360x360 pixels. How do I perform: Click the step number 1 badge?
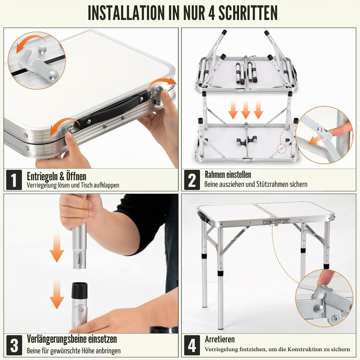pyautogui.click(x=14, y=180)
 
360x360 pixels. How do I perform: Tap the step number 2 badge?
pyautogui.click(x=192, y=180)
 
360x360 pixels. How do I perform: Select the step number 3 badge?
pyautogui.click(x=14, y=345)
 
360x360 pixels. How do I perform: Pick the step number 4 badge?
pyautogui.click(x=192, y=345)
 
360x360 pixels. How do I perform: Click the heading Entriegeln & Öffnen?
pyautogui.click(x=56, y=176)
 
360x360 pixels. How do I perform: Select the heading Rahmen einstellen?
pyautogui.click(x=228, y=174)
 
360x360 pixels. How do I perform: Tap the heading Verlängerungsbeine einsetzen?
pyautogui.click(x=72, y=339)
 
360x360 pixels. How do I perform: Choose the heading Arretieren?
pyautogui.click(x=220, y=339)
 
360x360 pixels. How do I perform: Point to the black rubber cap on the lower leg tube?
pyautogui.click(x=80, y=290)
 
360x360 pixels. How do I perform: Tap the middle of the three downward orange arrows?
pyautogui.click(x=246, y=110)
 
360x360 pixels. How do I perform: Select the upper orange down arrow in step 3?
pyautogui.click(x=57, y=248)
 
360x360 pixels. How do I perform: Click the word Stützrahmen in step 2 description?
pyautogui.click(x=272, y=184)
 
